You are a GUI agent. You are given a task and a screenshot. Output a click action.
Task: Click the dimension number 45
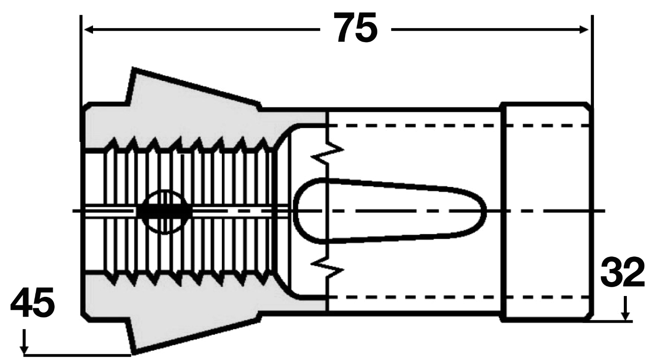coord(32,302)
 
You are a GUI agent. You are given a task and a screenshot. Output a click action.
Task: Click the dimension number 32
coord(622,272)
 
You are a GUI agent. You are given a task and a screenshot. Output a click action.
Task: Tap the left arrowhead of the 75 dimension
coord(88,29)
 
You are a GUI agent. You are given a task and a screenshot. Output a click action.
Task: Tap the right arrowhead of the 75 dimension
coord(584,29)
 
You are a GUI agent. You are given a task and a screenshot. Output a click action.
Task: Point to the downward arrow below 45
coord(24,341)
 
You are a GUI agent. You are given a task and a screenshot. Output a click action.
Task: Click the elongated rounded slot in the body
coord(389,211)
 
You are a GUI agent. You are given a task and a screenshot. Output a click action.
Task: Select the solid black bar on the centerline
coord(164,211)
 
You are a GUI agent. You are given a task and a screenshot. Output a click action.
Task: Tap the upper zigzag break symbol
coord(327,153)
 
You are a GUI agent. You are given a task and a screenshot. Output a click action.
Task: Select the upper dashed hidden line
coord(458,125)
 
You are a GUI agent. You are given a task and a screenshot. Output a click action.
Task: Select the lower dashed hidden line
coord(458,297)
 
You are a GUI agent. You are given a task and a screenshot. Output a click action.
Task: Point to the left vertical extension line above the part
coord(81,78)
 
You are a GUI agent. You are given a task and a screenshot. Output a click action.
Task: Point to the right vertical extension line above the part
coord(592,62)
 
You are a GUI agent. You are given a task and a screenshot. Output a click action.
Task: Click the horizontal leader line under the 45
coord(77,354)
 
